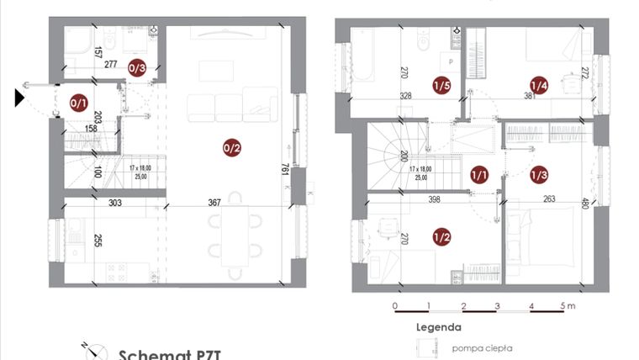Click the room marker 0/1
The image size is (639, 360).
(x=78, y=103)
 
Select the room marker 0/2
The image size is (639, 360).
(x=232, y=149)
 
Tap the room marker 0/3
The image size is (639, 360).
(x=137, y=67)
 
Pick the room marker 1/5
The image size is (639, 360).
(x=441, y=85)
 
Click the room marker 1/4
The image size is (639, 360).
(x=538, y=85)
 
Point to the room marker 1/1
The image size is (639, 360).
(x=479, y=175)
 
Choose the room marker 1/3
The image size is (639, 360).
(x=539, y=175)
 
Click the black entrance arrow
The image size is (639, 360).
(x=19, y=98)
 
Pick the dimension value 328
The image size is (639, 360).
(x=405, y=96)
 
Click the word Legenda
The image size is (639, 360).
(x=437, y=326)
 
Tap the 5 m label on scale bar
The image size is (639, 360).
(x=568, y=305)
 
